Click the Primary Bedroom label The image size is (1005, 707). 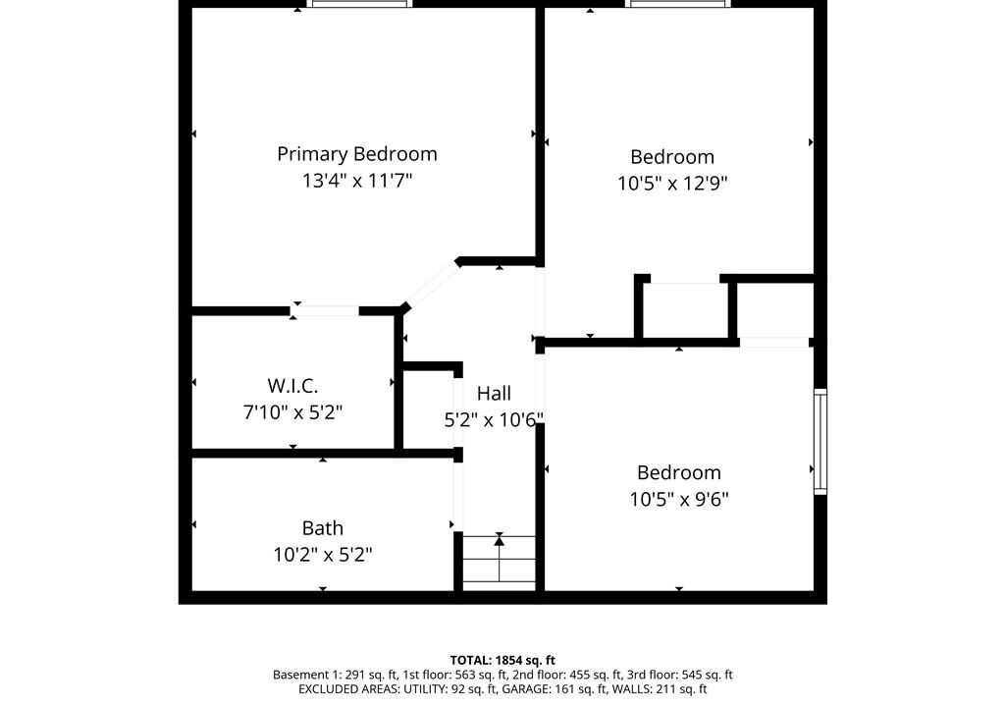[x=357, y=154]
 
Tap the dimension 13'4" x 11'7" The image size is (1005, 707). [x=357, y=181]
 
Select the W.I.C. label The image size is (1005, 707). [x=292, y=386]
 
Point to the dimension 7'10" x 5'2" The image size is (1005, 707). [x=292, y=411]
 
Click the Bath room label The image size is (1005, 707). [x=322, y=528]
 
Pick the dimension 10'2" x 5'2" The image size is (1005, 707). [x=322, y=555]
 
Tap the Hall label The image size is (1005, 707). [x=494, y=394]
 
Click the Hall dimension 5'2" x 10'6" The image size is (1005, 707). [x=494, y=420]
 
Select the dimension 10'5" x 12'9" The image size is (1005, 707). [x=672, y=184]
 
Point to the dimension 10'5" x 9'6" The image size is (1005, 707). [x=679, y=499]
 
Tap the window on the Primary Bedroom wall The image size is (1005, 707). [x=359, y=4]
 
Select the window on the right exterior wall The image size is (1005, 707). [x=820, y=442]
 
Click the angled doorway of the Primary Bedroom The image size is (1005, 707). [x=432, y=284]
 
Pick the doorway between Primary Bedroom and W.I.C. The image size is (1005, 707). [x=324, y=311]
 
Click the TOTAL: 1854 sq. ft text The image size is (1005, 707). [x=502, y=660]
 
